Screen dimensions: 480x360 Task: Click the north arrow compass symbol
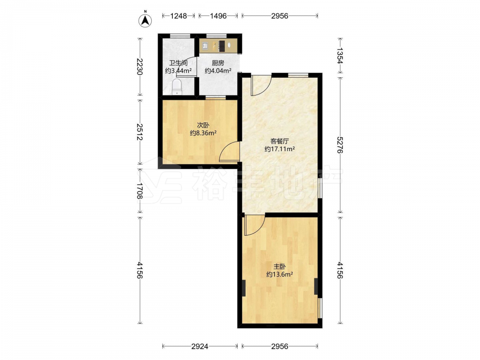pos(146,20)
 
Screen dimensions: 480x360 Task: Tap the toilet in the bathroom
pos(177,87)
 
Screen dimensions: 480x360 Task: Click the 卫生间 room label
pos(179,63)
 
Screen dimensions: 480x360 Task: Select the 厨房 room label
pos(218,63)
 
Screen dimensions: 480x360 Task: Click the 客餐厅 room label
pos(280,142)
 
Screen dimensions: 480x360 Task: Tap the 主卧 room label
pos(279,266)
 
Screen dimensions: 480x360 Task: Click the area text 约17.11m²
pos(280,149)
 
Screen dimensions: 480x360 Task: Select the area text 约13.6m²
pos(279,275)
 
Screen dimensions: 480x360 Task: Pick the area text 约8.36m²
pos(203,133)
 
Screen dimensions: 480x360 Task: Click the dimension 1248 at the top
pos(179,16)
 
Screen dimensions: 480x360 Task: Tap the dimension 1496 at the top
pos(218,16)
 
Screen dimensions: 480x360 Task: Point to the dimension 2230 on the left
pos(140,67)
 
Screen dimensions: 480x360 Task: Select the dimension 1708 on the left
pos(140,191)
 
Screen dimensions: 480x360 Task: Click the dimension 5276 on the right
pos(340,145)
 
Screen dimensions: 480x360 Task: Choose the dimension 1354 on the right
pos(340,56)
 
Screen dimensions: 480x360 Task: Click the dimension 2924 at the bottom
pos(200,346)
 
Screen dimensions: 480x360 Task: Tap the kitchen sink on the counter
pos(205,46)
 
